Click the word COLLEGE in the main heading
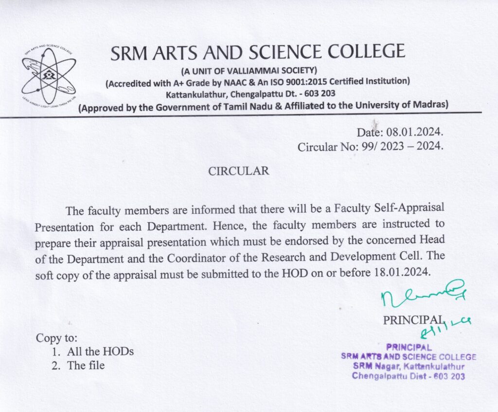(365, 52)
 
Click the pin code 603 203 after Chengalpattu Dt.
(318, 93)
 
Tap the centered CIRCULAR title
(238, 171)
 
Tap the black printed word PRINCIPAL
(413, 320)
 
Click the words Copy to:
(57, 337)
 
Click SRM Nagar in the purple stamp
(372, 366)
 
